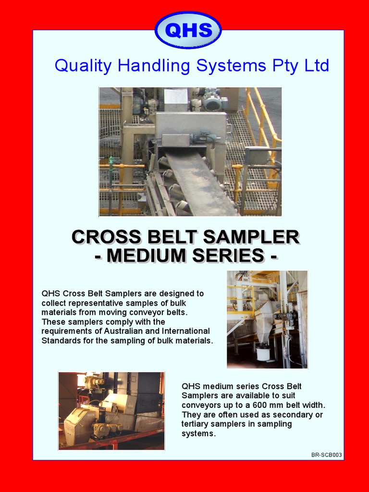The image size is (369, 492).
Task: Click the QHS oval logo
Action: [188, 30]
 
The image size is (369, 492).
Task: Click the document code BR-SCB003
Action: [327, 455]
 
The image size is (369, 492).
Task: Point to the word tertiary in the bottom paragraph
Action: [197, 424]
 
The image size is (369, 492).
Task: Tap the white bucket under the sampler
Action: [262, 354]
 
